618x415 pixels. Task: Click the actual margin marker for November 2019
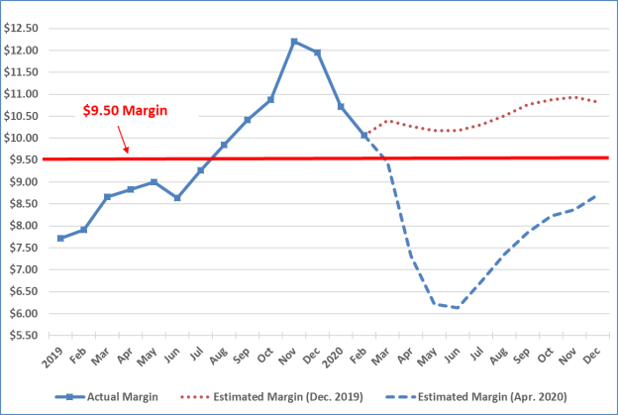tap(294, 42)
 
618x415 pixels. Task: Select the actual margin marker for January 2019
tap(60, 238)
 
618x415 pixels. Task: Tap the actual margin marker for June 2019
tap(177, 198)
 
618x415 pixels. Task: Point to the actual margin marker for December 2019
tap(317, 52)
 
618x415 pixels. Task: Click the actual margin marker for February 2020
tap(364, 136)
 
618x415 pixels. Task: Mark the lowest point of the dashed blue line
tap(457, 307)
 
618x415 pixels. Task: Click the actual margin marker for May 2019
tap(154, 182)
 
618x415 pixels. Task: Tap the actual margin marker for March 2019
tap(107, 197)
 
